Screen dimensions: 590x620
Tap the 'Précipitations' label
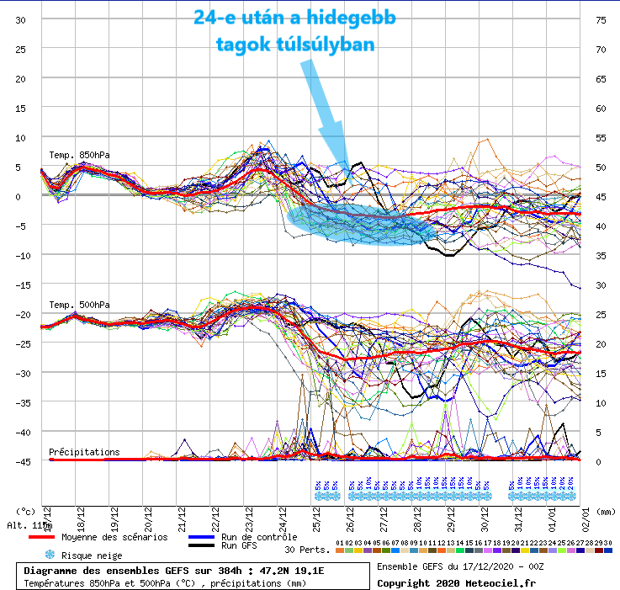[x=84, y=452]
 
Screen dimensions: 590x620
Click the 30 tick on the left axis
[x=20, y=20]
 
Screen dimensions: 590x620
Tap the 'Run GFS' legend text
[x=240, y=545]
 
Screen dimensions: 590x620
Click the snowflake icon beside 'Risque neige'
[x=50, y=555]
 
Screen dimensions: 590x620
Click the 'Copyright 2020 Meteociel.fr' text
[x=459, y=582]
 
